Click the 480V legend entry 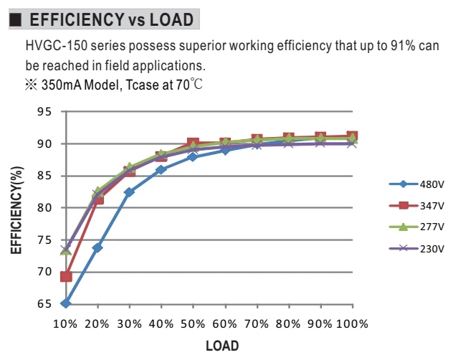click(x=416, y=184)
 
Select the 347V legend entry click(x=416, y=206)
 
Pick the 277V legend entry click(x=416, y=227)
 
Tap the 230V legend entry click(x=416, y=248)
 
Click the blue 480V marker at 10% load click(x=66, y=303)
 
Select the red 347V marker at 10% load click(x=66, y=276)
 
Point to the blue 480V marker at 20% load click(x=97, y=247)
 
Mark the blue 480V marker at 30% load click(x=129, y=192)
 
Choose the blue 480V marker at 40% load click(x=161, y=170)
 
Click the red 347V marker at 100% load click(x=352, y=136)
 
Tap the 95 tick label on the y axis click(x=44, y=112)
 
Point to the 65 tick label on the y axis click(x=44, y=304)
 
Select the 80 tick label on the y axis click(x=44, y=208)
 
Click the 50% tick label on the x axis click(x=193, y=324)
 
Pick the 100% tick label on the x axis click(x=352, y=324)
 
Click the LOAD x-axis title click(x=222, y=346)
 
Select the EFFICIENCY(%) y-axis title click(x=16, y=210)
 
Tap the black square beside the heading click(x=15, y=19)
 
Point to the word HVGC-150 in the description click(x=57, y=46)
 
